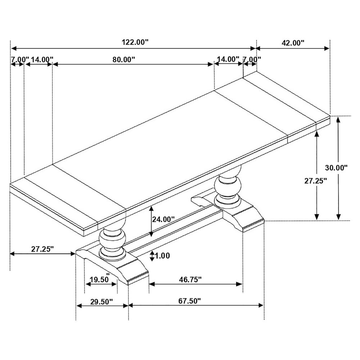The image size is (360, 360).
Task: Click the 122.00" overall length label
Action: click(135, 42)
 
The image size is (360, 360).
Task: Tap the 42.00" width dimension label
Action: click(293, 43)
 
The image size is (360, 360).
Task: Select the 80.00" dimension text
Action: click(123, 59)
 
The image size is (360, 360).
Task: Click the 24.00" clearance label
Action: click(163, 219)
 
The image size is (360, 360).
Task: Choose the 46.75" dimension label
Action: click(190, 279)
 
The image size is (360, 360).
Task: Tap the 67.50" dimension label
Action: click(190, 301)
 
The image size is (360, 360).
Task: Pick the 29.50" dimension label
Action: click(102, 301)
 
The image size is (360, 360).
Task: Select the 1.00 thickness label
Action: click(163, 256)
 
